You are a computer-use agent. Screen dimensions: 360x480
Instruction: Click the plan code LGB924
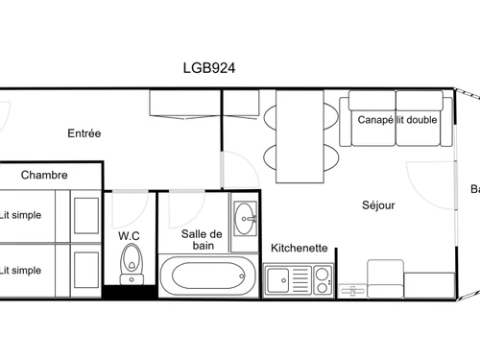coord(209,68)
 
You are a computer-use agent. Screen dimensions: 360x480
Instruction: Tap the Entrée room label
coord(84,133)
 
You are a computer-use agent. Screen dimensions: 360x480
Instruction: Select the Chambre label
coord(44,175)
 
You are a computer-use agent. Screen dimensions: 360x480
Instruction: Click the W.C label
coord(130,235)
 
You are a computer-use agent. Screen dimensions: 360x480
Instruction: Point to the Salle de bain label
coord(202,240)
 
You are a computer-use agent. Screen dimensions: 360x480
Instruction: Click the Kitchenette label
coord(300,248)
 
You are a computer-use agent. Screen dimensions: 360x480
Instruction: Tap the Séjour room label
coord(378,204)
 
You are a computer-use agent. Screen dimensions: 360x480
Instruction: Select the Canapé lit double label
coord(396,120)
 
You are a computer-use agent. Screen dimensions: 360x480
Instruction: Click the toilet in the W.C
coord(131,259)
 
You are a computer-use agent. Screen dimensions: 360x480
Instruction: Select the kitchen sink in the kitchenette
coord(281,281)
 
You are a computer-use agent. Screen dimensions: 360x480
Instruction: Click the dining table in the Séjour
coord(300,135)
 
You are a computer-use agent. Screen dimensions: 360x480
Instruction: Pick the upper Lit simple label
coord(20,215)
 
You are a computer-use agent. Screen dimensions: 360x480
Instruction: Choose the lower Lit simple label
coord(20,270)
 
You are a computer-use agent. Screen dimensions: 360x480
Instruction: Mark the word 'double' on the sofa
coord(421,120)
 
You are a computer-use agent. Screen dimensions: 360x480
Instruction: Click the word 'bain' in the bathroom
coord(202,247)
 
